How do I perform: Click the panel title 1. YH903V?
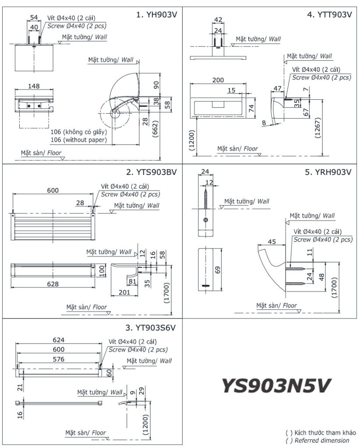tap(156, 14)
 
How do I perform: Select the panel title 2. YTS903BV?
tap(151, 172)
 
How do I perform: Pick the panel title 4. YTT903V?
tap(329, 14)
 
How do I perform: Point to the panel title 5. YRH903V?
tap(328, 172)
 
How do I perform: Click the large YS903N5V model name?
tap(276, 386)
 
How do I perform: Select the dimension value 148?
tap(33, 87)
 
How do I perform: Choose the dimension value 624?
tap(58, 340)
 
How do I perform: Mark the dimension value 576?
tap(58, 359)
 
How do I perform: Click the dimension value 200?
tap(218, 80)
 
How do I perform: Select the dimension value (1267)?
tap(318, 130)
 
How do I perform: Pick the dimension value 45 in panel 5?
tap(272, 241)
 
